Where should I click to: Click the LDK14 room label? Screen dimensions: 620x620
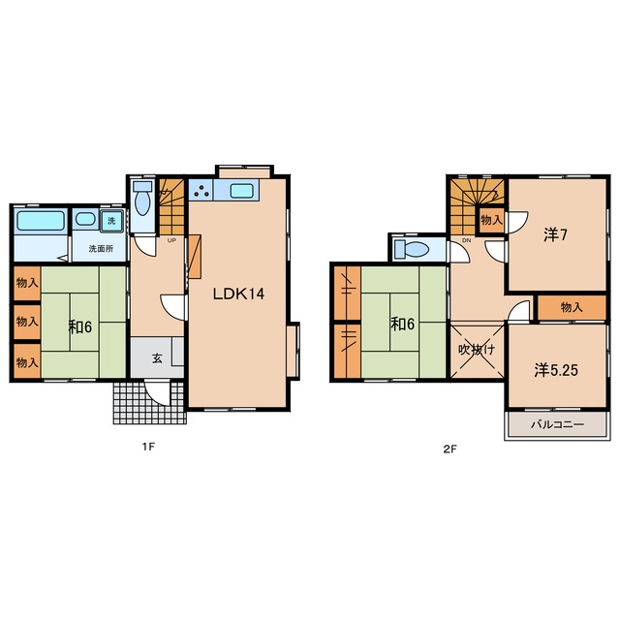point(238,294)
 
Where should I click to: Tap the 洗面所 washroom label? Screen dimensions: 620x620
point(101,249)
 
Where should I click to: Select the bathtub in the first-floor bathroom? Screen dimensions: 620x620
point(41,220)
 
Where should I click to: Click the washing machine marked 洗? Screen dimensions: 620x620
point(111,221)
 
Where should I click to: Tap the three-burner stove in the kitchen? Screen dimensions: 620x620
point(201,190)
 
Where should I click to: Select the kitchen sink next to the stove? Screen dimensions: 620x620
point(241,192)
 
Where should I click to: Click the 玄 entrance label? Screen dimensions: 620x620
point(157,358)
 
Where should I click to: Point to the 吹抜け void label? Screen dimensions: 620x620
point(477,350)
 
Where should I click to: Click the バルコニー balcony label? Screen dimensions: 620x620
point(557,424)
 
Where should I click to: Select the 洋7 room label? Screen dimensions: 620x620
point(555,235)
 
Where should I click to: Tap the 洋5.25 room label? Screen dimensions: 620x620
point(556,370)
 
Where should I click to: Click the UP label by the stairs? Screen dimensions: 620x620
point(171,240)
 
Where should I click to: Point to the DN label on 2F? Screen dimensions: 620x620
point(467,240)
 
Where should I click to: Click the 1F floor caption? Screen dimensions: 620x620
point(148,447)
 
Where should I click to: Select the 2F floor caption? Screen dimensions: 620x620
point(449,449)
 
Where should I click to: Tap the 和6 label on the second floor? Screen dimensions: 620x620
point(403,325)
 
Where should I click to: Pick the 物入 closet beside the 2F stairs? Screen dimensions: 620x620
point(491,220)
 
